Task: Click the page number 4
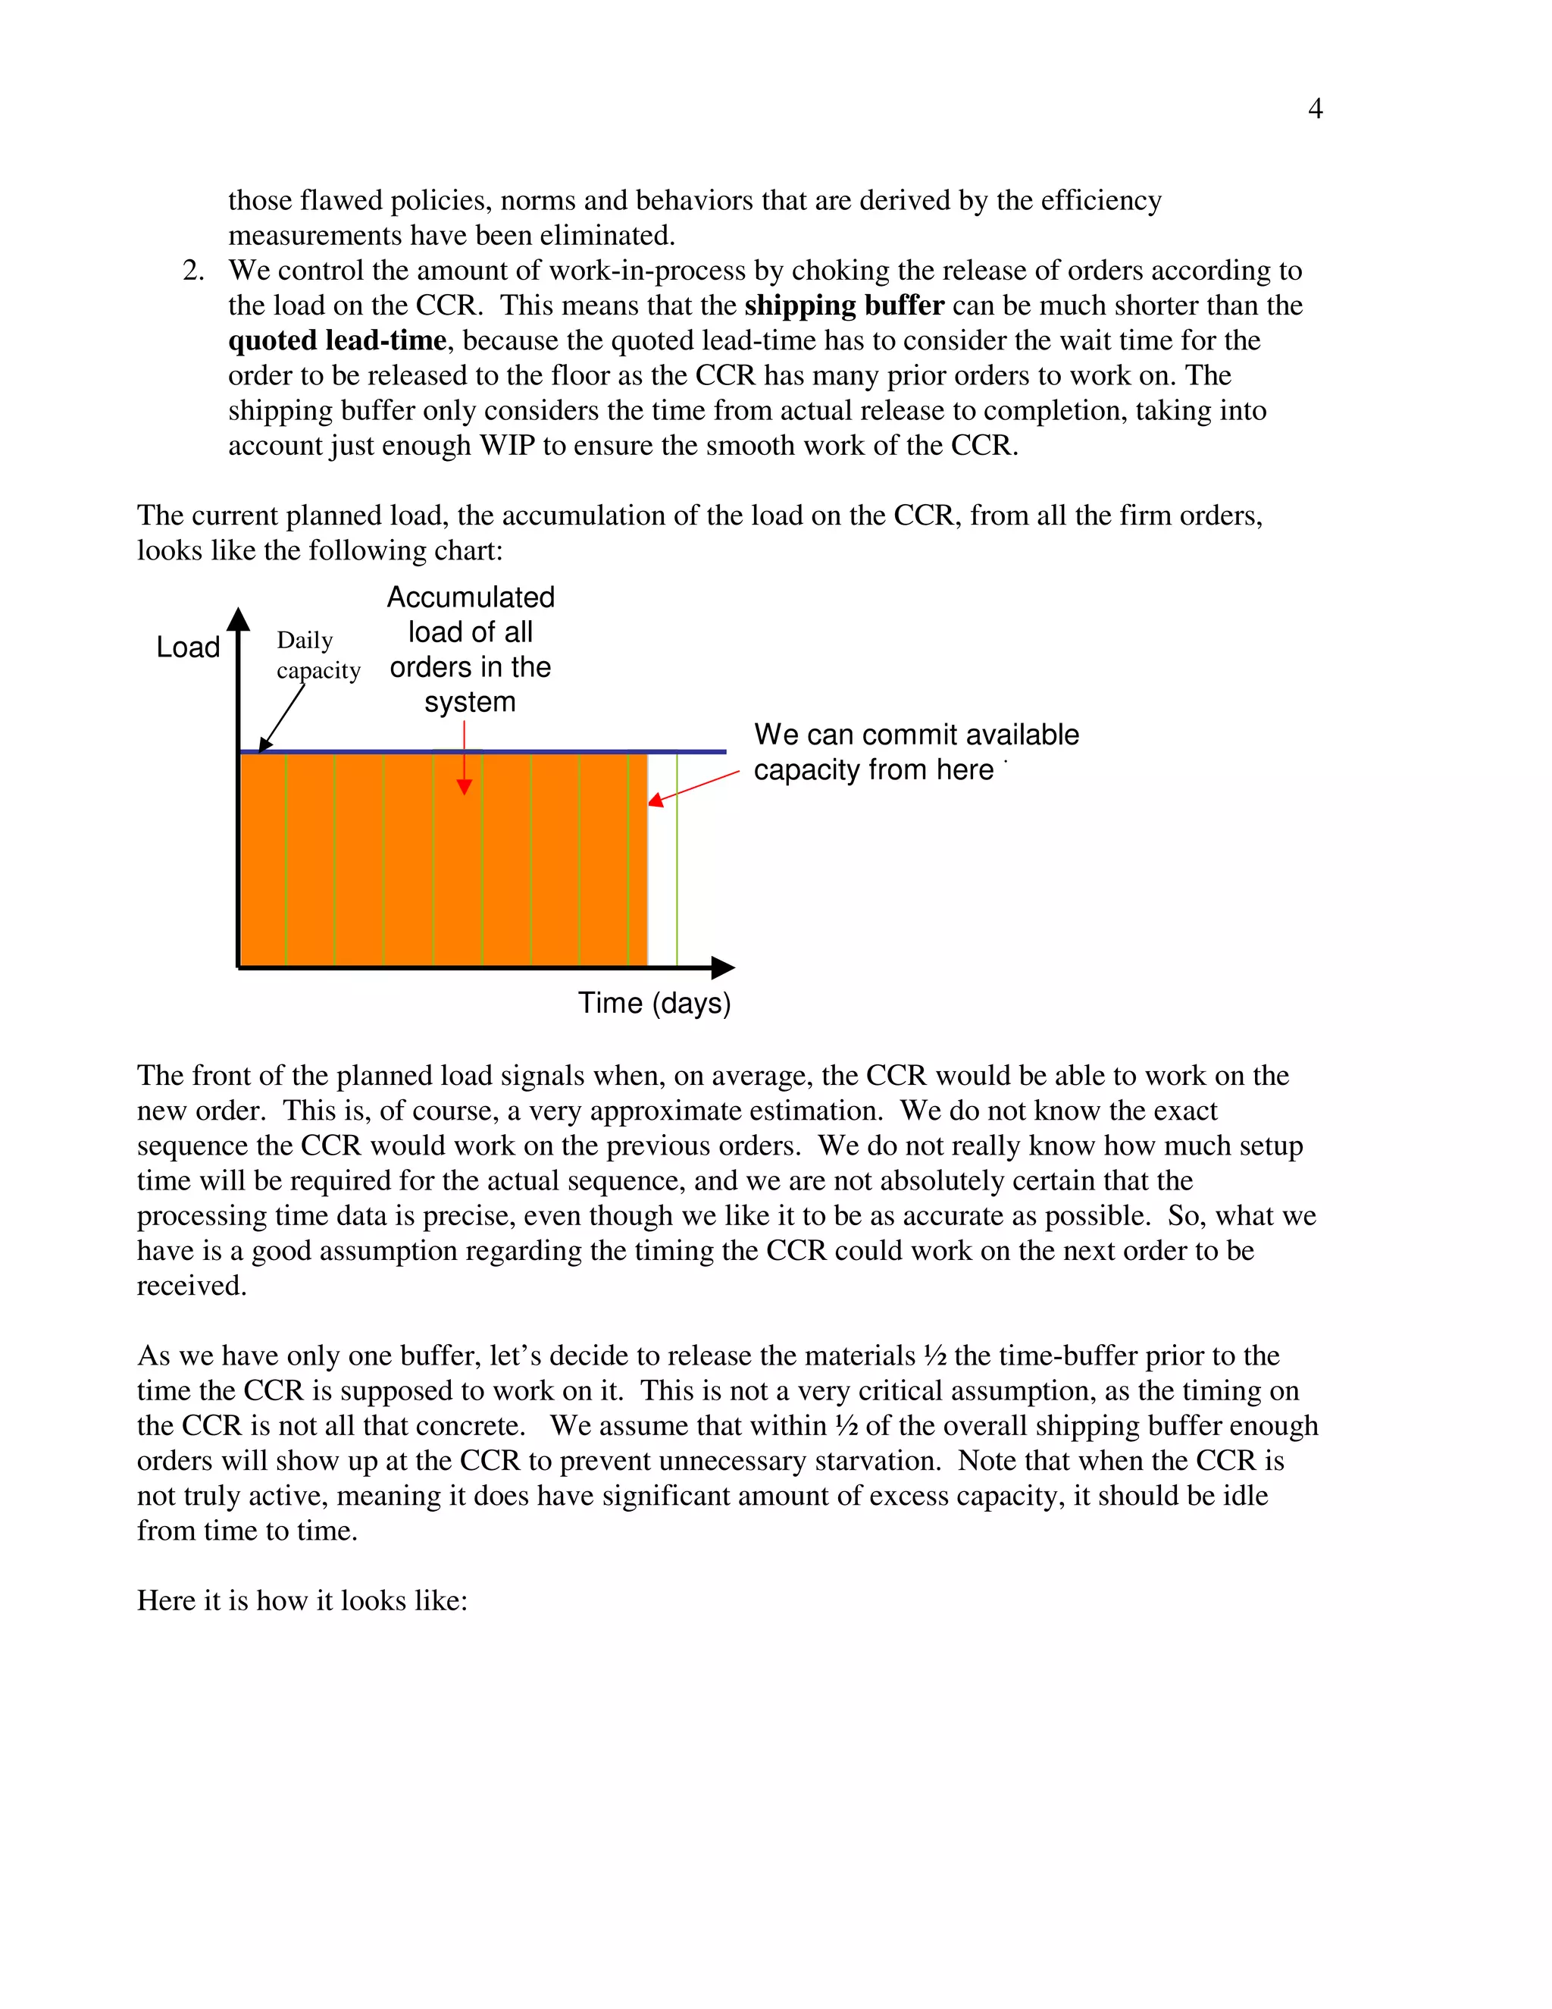1315,108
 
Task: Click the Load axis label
188,647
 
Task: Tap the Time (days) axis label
654,1003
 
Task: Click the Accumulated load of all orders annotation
470,650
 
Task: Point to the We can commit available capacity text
915,751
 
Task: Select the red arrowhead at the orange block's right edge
656,801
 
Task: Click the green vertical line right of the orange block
677,860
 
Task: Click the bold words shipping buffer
844,306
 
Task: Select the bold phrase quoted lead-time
336,340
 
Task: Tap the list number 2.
192,271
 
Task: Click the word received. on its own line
191,1286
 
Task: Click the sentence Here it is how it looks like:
302,1600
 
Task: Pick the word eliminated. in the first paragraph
607,236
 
